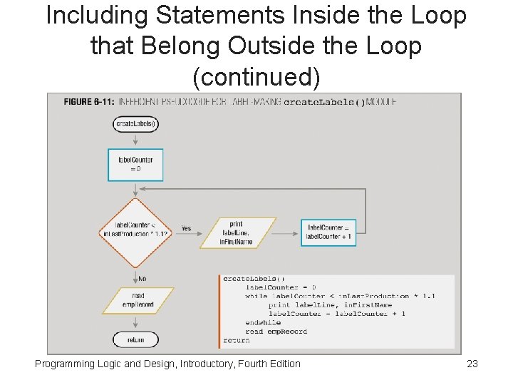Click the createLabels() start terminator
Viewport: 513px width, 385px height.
point(135,124)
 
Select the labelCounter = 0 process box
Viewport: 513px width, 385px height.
point(135,165)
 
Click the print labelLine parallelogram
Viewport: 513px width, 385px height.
point(237,232)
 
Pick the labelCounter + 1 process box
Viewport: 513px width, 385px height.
point(328,232)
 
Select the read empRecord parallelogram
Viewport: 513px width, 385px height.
point(138,300)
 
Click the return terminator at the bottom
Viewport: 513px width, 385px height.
point(135,340)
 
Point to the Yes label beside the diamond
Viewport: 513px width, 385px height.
point(186,229)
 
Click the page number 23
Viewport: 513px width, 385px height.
point(472,364)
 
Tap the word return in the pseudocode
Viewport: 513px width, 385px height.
point(237,340)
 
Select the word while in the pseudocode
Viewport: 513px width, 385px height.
point(256,296)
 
